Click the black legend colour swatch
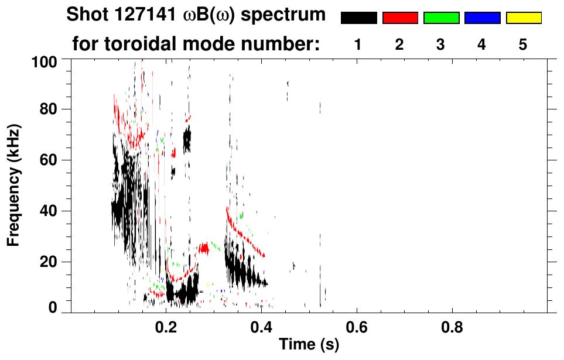tap(358, 18)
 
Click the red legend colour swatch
tap(400, 18)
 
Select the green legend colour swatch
tap(441, 18)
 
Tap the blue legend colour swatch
tap(482, 18)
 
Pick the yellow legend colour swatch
tap(523, 18)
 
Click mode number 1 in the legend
tap(358, 45)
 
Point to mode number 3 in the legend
tap(440, 45)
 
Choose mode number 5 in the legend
tap(523, 45)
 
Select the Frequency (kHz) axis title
tap(14, 184)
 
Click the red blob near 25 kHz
tap(204, 248)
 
